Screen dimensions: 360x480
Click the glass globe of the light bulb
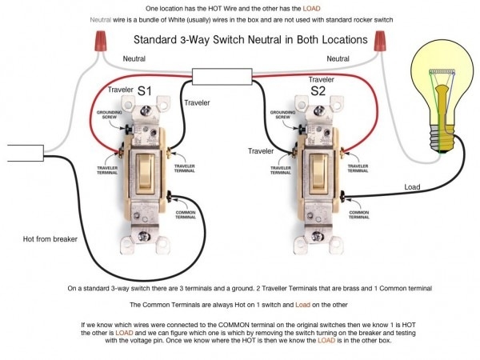pyautogui.click(x=442, y=84)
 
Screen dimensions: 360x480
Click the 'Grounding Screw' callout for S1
pyautogui.click(x=108, y=117)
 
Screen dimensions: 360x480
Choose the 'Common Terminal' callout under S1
pyautogui.click(x=186, y=214)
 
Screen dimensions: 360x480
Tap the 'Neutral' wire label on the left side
pyautogui.click(x=134, y=59)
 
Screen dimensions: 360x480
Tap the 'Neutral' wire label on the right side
pyautogui.click(x=338, y=58)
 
